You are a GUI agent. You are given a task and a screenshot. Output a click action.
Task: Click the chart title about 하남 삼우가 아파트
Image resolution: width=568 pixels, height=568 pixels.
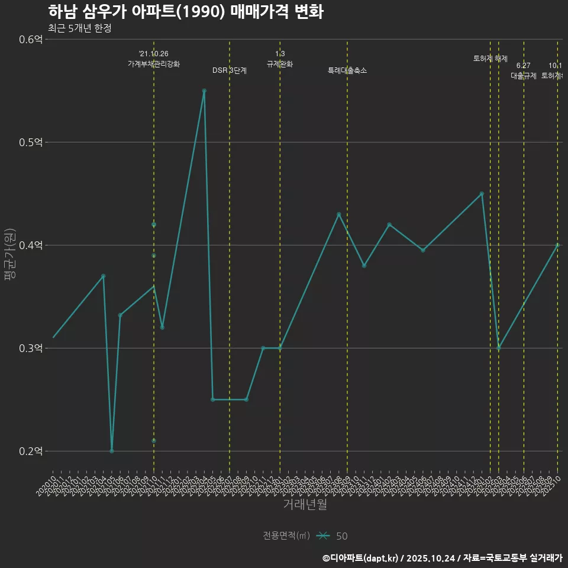coord(185,12)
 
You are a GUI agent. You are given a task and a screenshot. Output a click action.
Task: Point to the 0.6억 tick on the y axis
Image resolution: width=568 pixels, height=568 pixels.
coord(31,40)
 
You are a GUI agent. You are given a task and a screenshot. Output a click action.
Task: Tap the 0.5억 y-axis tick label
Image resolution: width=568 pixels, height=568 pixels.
coord(31,143)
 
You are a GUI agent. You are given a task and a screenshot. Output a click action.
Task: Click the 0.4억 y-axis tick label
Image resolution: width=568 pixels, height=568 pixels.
coord(31,246)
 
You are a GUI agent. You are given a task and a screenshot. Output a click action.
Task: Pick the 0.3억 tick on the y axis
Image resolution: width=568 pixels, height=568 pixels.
coord(31,348)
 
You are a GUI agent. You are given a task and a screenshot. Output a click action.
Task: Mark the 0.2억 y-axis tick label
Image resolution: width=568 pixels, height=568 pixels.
coord(31,451)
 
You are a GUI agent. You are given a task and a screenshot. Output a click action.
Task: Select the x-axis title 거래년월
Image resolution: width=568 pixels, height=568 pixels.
coord(305,505)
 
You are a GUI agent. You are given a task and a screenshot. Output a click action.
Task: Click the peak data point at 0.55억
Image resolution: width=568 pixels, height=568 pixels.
coord(204,91)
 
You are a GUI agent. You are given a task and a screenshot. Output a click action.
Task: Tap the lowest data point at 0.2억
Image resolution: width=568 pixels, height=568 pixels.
coord(112,451)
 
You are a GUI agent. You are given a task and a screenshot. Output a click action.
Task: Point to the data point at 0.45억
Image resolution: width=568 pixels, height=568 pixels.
coord(482,193)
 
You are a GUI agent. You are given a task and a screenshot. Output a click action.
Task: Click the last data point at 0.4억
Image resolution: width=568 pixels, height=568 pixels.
coord(557,245)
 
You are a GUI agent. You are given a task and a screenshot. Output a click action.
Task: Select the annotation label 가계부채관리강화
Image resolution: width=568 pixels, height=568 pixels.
coord(154,64)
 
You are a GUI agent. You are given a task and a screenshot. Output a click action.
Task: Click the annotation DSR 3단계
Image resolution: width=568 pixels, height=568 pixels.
coord(230,70)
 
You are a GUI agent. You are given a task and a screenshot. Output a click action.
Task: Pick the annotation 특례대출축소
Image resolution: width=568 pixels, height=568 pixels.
coord(347,70)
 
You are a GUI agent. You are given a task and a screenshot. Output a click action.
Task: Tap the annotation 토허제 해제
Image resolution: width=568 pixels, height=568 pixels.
coord(490,59)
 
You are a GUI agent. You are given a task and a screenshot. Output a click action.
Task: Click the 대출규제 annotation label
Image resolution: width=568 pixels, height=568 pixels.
coord(524,76)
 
